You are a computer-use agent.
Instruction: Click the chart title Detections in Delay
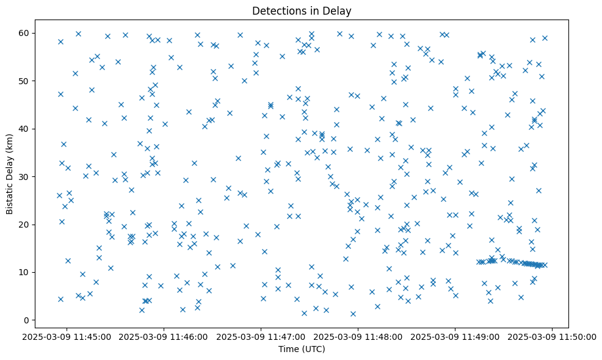(x=302, y=11)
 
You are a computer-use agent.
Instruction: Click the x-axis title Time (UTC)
(x=302, y=349)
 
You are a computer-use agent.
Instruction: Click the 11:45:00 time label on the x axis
(x=67, y=336)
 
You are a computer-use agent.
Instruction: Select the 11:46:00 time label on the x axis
(x=164, y=336)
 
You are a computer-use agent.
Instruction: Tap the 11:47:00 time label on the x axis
(x=261, y=336)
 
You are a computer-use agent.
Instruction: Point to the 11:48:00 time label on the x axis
(x=358, y=336)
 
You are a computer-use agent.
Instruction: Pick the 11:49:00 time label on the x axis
(x=455, y=336)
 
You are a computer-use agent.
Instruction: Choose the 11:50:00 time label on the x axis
(x=552, y=336)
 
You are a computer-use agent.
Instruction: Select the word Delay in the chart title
(x=339, y=11)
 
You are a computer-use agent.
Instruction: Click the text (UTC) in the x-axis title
(x=313, y=349)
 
